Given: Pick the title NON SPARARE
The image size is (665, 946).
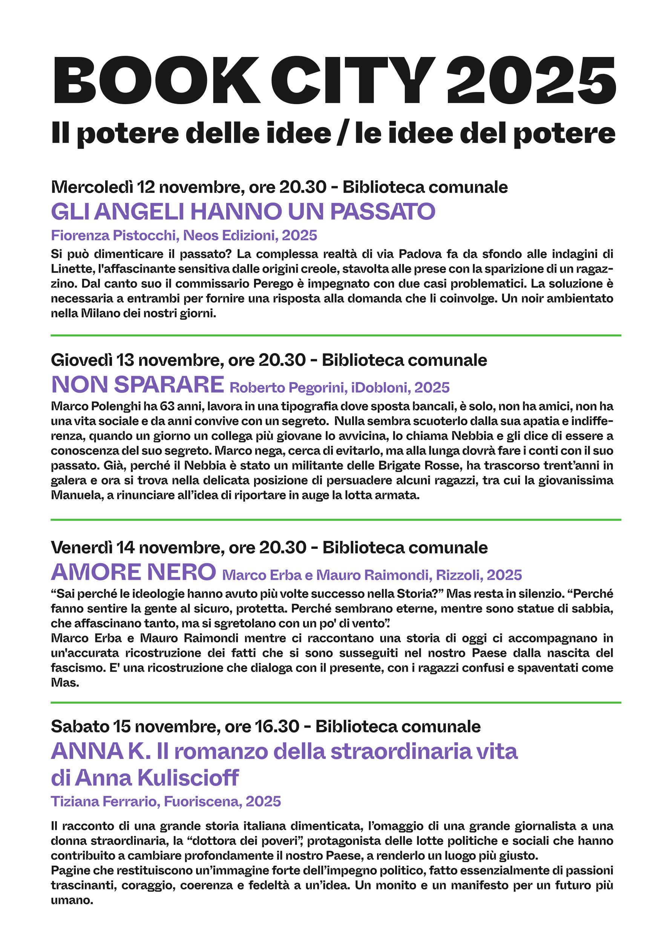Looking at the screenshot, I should pos(138,384).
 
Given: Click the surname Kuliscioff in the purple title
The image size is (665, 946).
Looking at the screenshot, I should pos(188,778).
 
